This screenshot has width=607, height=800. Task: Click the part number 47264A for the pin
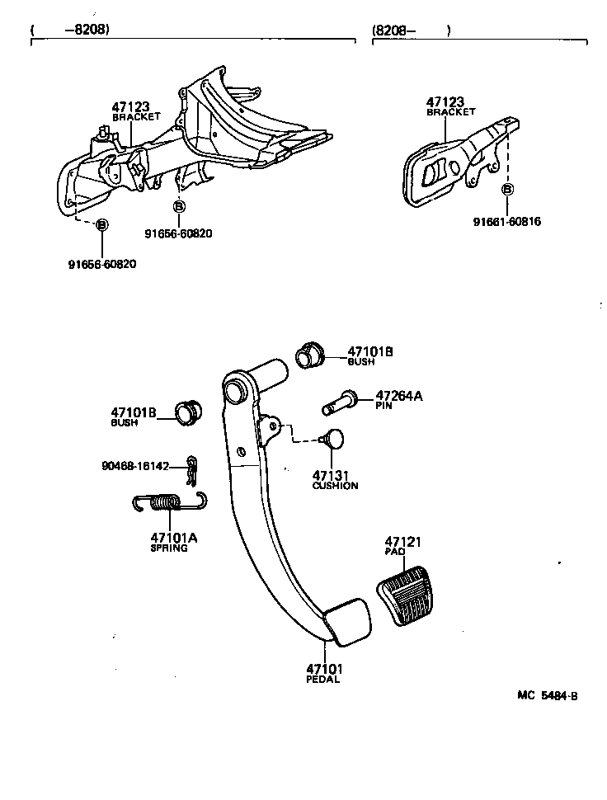398,396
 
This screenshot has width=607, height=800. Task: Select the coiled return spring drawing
168,502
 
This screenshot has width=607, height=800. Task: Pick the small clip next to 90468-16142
192,471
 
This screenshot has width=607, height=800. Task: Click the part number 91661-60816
507,222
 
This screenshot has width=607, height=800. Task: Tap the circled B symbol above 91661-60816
508,190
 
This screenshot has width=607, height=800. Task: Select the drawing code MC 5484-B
548,695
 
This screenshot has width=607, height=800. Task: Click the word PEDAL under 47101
324,680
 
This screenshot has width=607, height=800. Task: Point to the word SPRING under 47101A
168,548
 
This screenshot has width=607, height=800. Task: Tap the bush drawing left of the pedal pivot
188,411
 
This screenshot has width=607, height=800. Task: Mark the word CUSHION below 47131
335,486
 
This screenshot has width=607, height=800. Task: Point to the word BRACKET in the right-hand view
451,111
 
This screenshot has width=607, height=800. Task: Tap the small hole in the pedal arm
240,450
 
